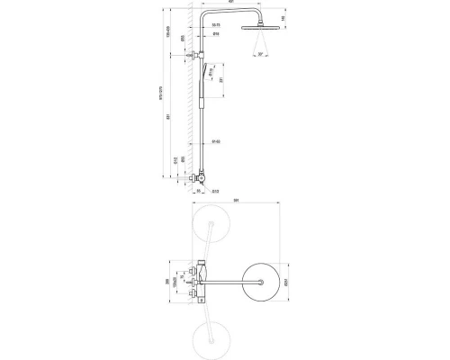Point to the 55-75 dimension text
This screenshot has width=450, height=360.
coord(216,36)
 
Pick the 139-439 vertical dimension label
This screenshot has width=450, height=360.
coord(171,36)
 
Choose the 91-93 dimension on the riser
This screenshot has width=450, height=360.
coord(216,141)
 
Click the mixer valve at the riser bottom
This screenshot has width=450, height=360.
coord(202,180)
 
